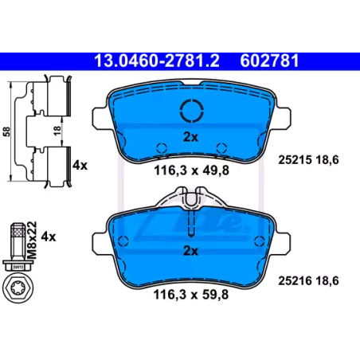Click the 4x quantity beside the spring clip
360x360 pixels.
[x=80, y=166]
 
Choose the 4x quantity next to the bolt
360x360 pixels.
[x=49, y=236]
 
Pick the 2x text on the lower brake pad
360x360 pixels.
[x=191, y=251]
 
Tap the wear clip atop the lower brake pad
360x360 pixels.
[x=192, y=198]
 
